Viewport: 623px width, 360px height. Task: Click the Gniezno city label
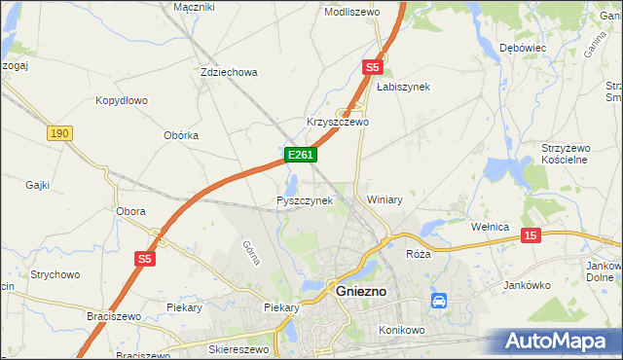[x=361, y=291]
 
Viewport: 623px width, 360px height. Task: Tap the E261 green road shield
[x=300, y=155]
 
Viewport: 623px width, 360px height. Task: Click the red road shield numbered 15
[x=531, y=235]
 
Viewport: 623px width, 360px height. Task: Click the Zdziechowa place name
[x=228, y=72]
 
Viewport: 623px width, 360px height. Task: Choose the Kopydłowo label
[x=121, y=100]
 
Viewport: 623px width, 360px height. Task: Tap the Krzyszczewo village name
[x=338, y=123]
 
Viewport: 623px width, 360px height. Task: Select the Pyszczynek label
[x=305, y=200]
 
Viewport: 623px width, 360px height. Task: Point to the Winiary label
[x=385, y=199]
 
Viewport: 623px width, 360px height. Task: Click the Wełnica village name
[x=491, y=227]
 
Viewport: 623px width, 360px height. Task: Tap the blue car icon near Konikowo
[x=439, y=301]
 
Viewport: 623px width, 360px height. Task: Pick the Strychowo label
[x=54, y=275]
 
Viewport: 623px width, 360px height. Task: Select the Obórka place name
[x=181, y=135]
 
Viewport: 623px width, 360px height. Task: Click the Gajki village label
[x=38, y=184]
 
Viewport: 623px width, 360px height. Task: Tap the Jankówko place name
[x=529, y=285]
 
